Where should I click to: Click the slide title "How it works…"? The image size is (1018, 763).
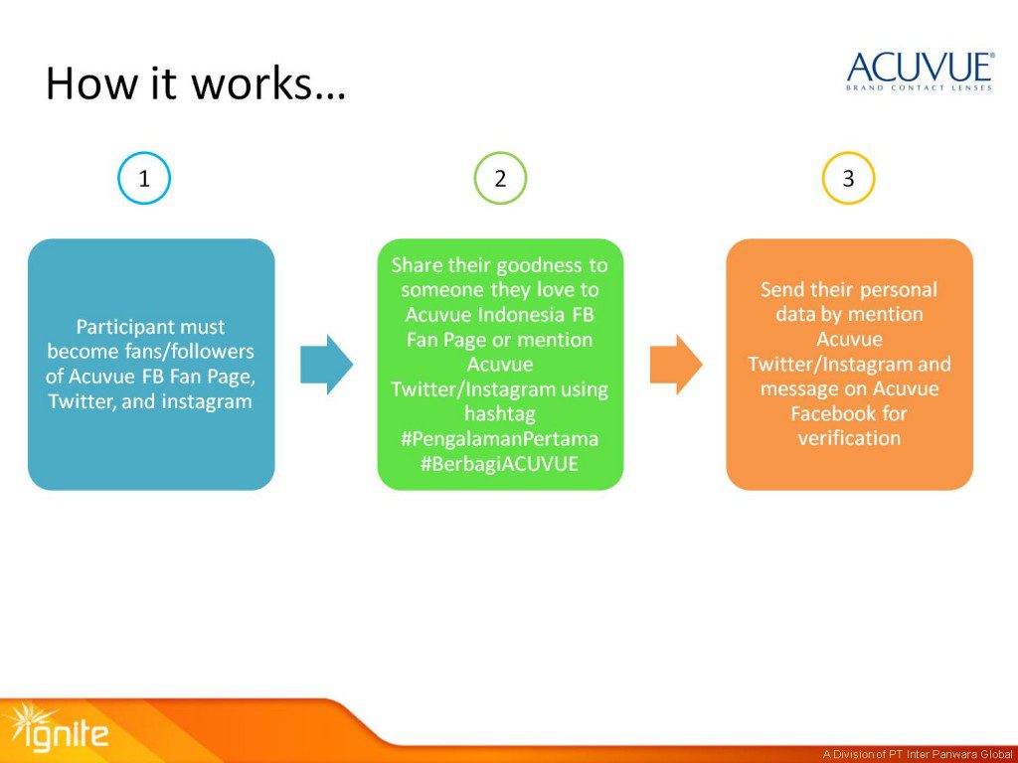click(x=195, y=83)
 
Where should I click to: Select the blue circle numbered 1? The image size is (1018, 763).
click(x=144, y=179)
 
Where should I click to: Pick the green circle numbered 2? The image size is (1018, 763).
click(x=500, y=179)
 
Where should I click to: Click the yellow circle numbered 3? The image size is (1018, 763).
click(x=848, y=179)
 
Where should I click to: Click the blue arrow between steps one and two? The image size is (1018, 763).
click(x=326, y=365)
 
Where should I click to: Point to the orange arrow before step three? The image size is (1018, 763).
click(x=676, y=365)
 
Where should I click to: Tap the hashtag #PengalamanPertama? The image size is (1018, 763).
click(x=500, y=438)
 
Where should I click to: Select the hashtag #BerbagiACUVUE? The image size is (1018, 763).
click(x=500, y=463)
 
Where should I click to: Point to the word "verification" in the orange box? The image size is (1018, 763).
click(x=849, y=438)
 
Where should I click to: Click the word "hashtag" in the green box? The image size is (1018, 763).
click(x=500, y=413)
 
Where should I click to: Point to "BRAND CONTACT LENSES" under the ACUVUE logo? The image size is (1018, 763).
click(x=920, y=88)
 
